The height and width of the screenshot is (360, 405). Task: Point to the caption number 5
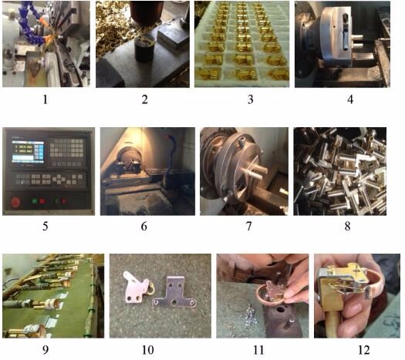point(47,227)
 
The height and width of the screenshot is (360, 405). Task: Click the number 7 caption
point(241,227)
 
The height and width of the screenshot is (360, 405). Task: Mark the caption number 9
point(47,349)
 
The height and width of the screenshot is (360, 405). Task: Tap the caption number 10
point(147,349)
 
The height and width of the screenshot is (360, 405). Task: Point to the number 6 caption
point(144,227)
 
